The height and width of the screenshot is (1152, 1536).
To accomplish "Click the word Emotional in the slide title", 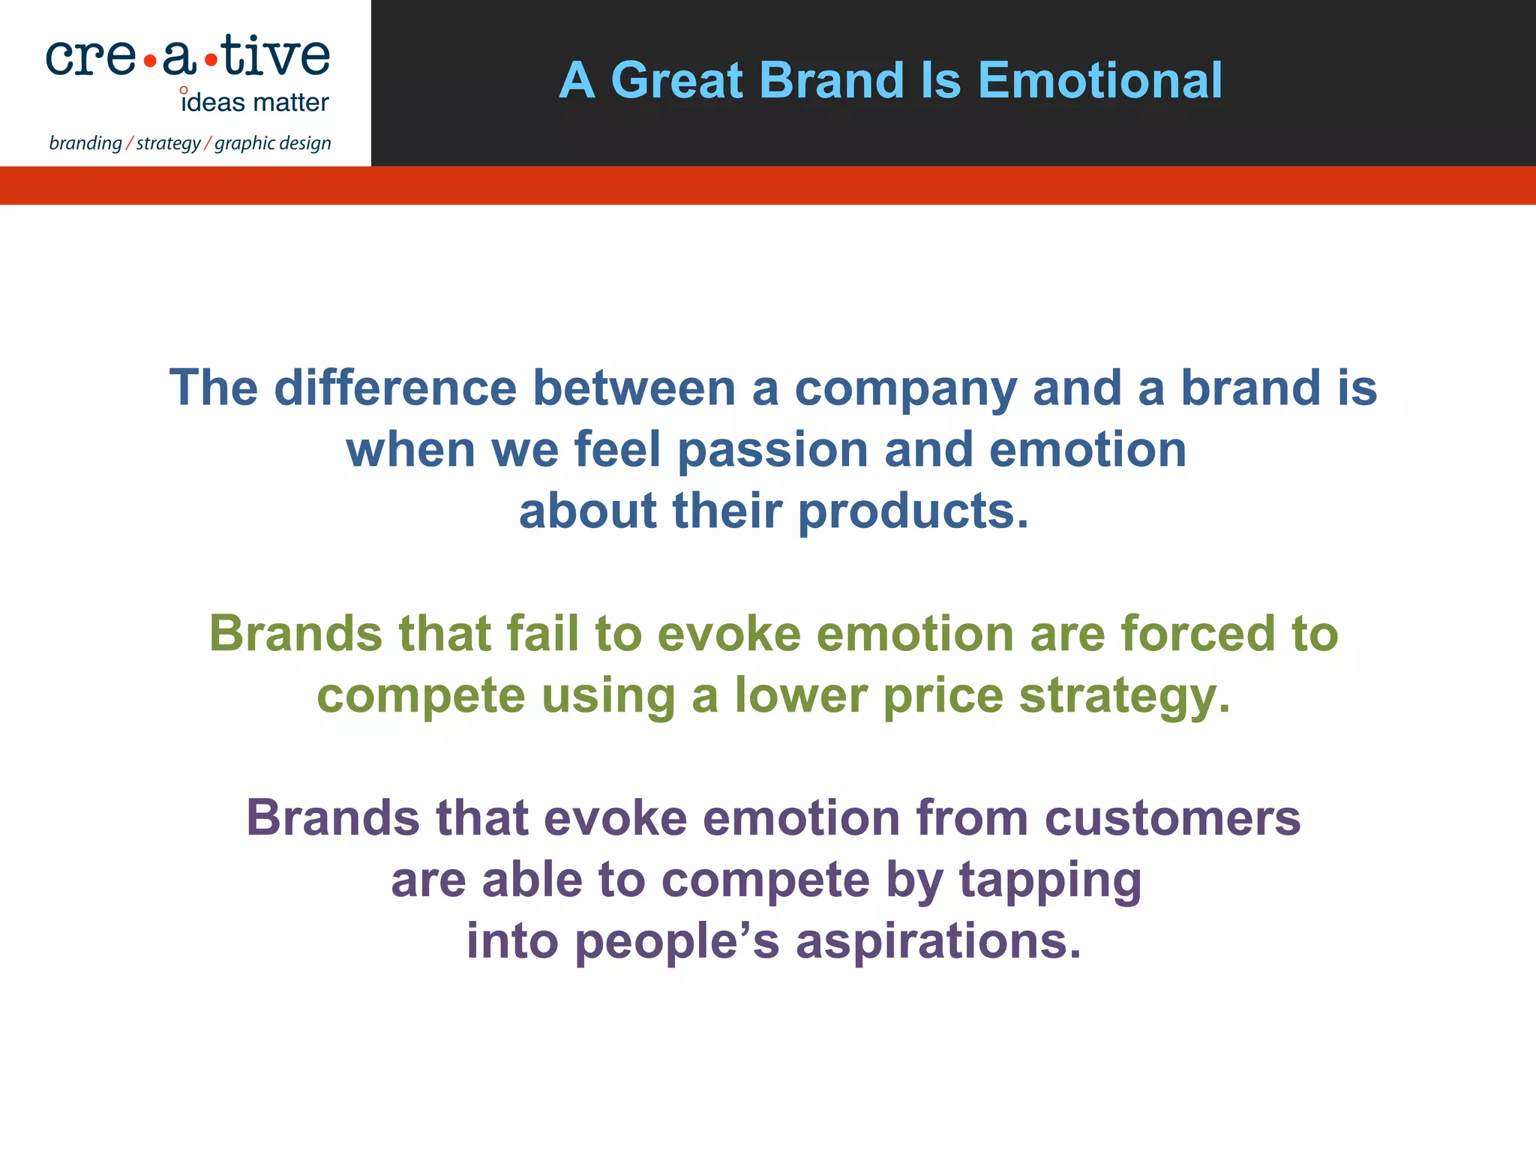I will (x=1099, y=80).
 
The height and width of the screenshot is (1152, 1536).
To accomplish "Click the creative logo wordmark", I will (x=187, y=57).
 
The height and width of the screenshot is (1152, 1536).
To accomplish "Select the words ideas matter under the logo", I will (x=255, y=102).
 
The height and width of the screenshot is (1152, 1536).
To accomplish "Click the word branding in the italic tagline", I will (x=85, y=142).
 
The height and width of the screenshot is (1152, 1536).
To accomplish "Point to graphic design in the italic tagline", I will (x=273, y=142).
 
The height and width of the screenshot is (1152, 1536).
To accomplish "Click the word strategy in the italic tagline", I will (x=168, y=142).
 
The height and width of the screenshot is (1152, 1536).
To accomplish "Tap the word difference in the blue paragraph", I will (x=395, y=388).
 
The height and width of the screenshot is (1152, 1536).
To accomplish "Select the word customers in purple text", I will (x=1172, y=817).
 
